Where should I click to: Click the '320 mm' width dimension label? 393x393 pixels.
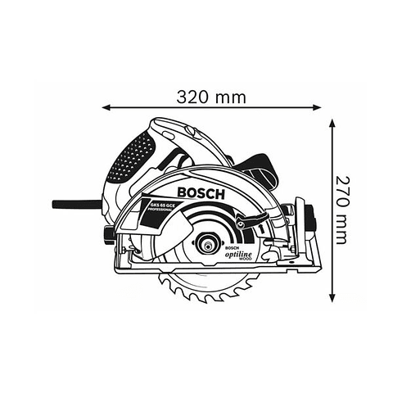pyautogui.click(x=211, y=97)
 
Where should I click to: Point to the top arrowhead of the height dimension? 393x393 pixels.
pyautogui.click(x=333, y=123)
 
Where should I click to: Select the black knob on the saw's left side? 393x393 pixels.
pyautogui.click(x=107, y=237)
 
